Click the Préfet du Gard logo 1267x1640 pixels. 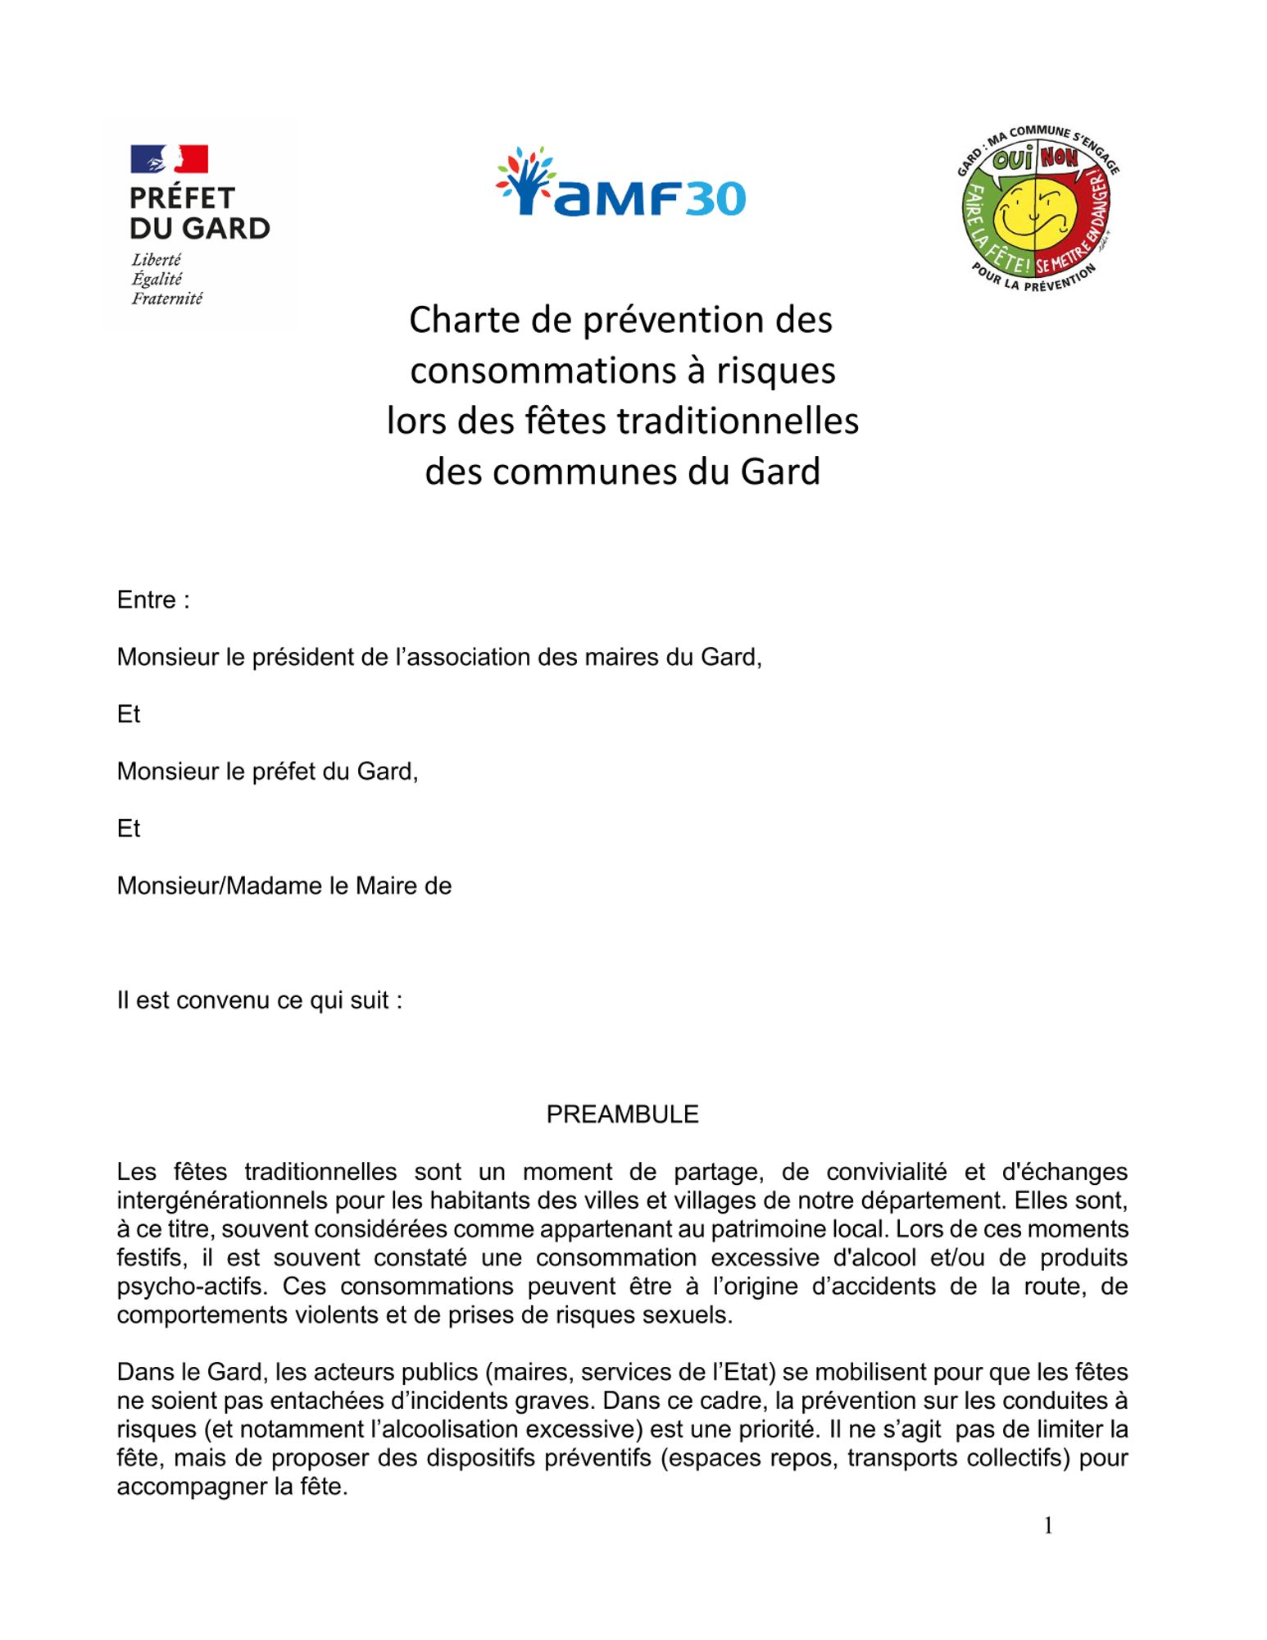click(199, 225)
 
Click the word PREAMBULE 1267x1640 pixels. click(622, 1114)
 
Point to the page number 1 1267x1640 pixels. click(1047, 1525)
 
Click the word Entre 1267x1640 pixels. click(147, 600)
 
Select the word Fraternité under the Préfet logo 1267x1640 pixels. click(166, 299)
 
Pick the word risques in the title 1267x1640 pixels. click(775, 371)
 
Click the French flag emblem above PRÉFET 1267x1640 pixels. click(169, 159)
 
